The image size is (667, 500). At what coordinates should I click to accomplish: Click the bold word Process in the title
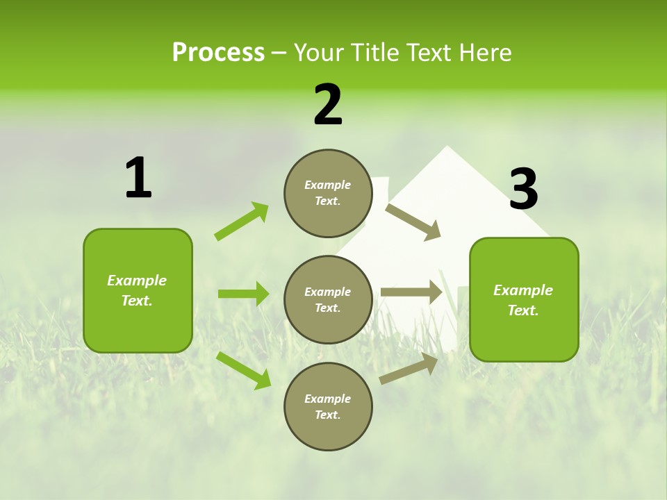(218, 53)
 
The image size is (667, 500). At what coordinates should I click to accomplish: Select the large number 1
(138, 178)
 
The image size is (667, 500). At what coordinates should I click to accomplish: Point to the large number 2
(328, 105)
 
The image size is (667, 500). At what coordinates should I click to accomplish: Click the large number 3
(523, 189)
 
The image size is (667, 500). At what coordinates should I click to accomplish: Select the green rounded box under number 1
(138, 290)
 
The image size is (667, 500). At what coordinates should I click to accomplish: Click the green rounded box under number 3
(524, 299)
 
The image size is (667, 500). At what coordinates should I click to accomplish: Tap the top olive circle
(328, 193)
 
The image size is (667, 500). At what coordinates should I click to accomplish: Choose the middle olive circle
(328, 299)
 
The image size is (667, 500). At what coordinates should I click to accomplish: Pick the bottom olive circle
(328, 406)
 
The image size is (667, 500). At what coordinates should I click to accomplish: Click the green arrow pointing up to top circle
(242, 222)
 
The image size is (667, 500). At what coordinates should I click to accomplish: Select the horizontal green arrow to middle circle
(243, 294)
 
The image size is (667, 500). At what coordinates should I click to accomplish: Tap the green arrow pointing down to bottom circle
(243, 370)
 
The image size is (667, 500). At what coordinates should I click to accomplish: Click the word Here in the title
(484, 53)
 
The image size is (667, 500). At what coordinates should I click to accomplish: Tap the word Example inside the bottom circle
(328, 399)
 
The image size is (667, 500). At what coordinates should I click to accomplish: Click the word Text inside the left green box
(137, 301)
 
